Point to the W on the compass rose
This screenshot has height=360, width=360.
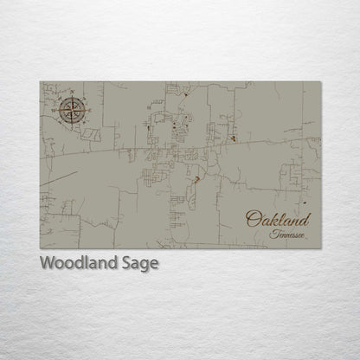tap(57, 111)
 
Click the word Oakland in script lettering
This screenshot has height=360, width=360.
tap(277, 219)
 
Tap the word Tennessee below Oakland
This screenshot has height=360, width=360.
tap(286, 235)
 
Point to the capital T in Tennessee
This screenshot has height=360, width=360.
tap(273, 234)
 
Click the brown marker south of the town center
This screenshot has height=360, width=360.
tap(196, 180)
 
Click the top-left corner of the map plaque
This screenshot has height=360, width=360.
tap(40, 82)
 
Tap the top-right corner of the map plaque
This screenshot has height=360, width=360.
tap(320, 82)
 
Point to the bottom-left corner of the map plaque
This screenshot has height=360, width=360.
tap(40, 249)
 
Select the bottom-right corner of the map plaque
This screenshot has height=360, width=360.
tap(320, 249)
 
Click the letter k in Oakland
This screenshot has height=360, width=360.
tap(271, 218)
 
